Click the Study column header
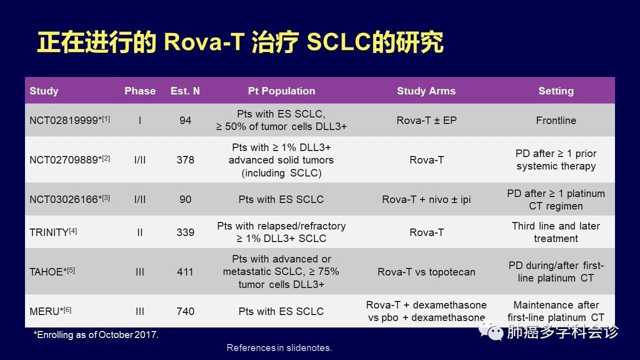tap(43, 91)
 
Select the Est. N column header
tap(185, 91)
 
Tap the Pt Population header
tap(281, 91)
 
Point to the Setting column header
tap(556, 91)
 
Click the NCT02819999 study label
tap(69, 120)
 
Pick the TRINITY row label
tap(53, 232)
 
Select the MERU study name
tap(50, 311)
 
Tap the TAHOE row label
tap(52, 271)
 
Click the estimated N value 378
tap(185, 159)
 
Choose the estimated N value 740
tap(185, 311)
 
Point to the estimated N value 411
tap(185, 271)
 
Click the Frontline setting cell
tap(556, 120)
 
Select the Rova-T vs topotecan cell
tap(426, 271)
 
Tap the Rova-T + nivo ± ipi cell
tap(426, 199)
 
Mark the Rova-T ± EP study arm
tap(426, 120)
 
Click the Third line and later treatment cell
tap(556, 232)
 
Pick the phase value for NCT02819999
tap(139, 120)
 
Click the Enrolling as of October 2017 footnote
tap(96, 334)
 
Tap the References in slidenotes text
tap(279, 347)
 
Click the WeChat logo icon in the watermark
tap(491, 331)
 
